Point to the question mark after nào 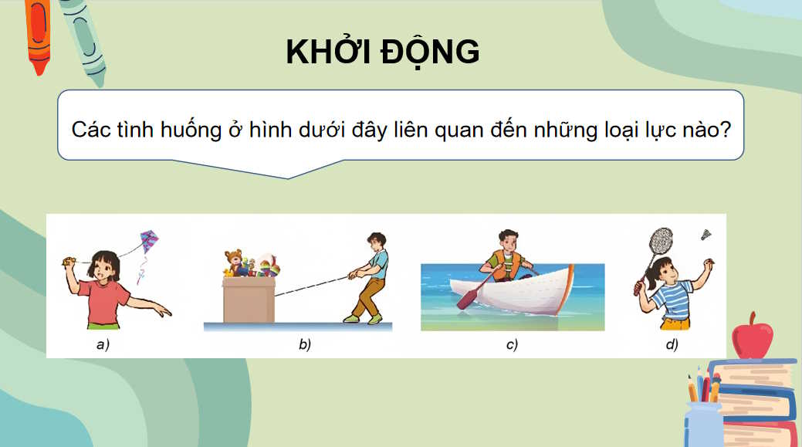point(726,129)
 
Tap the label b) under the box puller point(305,345)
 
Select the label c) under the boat point(512,345)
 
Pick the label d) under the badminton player point(672,345)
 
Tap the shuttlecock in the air point(706,233)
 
